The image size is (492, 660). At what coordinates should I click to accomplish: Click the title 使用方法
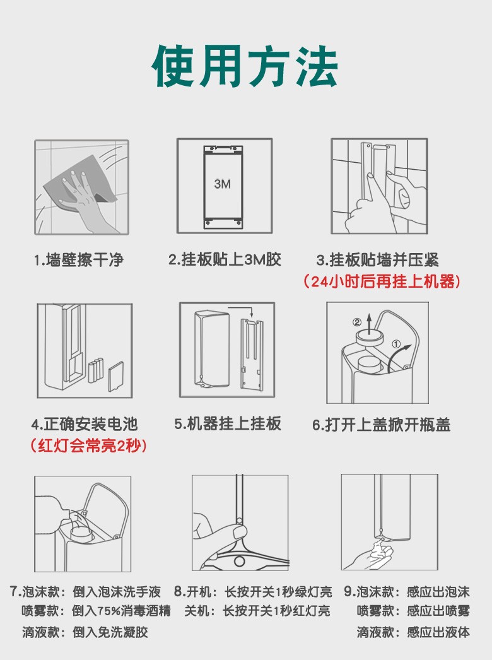pos(245,66)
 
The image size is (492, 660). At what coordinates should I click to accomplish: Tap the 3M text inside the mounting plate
pos(222,184)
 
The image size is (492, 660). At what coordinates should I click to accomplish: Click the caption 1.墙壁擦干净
pos(79,260)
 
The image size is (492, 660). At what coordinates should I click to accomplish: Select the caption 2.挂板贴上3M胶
pos(225,259)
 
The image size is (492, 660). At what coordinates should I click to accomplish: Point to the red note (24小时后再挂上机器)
pos(382,281)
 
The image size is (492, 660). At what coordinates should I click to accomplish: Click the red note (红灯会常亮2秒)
pos(89,445)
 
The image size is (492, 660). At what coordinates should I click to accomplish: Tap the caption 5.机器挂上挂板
pos(228,423)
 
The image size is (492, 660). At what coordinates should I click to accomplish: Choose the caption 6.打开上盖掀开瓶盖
pos(382,424)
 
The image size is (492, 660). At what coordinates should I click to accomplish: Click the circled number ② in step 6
pos(356,322)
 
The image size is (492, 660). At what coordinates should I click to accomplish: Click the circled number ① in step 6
pos(396,344)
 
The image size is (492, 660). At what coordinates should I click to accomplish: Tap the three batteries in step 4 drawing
pos(96,370)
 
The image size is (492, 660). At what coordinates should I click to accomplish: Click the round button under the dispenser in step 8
pos(240,561)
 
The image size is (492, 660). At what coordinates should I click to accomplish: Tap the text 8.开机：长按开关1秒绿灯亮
pos(253,592)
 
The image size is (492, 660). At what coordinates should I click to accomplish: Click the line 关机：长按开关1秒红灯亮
pos(257,611)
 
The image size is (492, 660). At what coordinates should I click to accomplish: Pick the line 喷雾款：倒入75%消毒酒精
pos(96,611)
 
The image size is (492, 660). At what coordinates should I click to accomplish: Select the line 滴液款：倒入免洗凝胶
pos(85,632)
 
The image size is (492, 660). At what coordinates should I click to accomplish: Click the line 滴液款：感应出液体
pos(413,632)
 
